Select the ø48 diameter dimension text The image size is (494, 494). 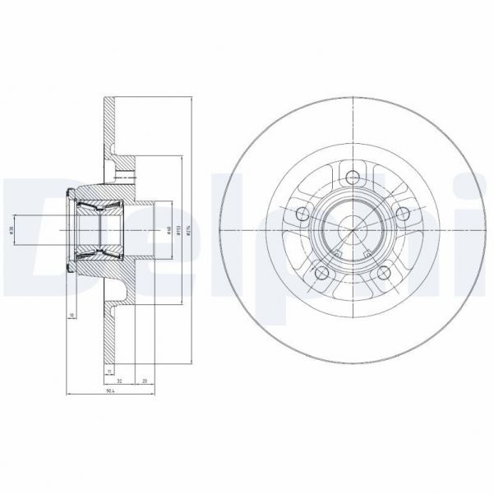[168, 231]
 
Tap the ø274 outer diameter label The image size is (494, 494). [191, 231]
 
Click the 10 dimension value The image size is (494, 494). [72, 315]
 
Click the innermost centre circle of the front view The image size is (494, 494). [354, 230]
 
